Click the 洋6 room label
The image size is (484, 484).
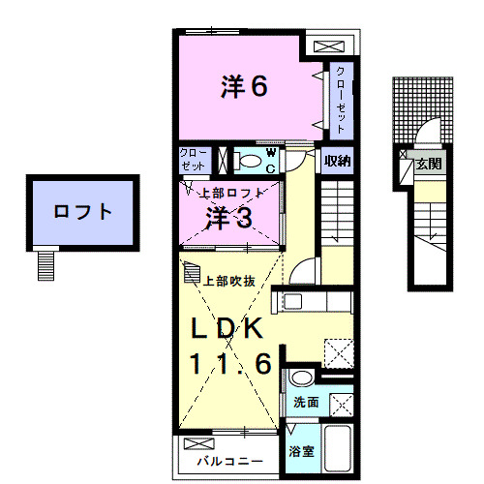[243, 88]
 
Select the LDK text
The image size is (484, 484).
[226, 329]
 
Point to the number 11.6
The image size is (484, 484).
[227, 366]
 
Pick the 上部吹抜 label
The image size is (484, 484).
[228, 281]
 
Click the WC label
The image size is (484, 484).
[271, 160]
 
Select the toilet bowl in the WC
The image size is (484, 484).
[249, 161]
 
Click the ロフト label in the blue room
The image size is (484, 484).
[83, 211]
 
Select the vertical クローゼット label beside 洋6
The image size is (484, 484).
[342, 98]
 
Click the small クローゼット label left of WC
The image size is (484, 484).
[192, 160]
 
